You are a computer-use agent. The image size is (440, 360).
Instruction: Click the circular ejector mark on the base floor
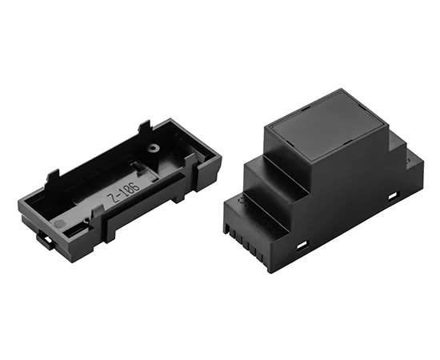59,222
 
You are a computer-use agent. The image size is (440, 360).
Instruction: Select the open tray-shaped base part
116,184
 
